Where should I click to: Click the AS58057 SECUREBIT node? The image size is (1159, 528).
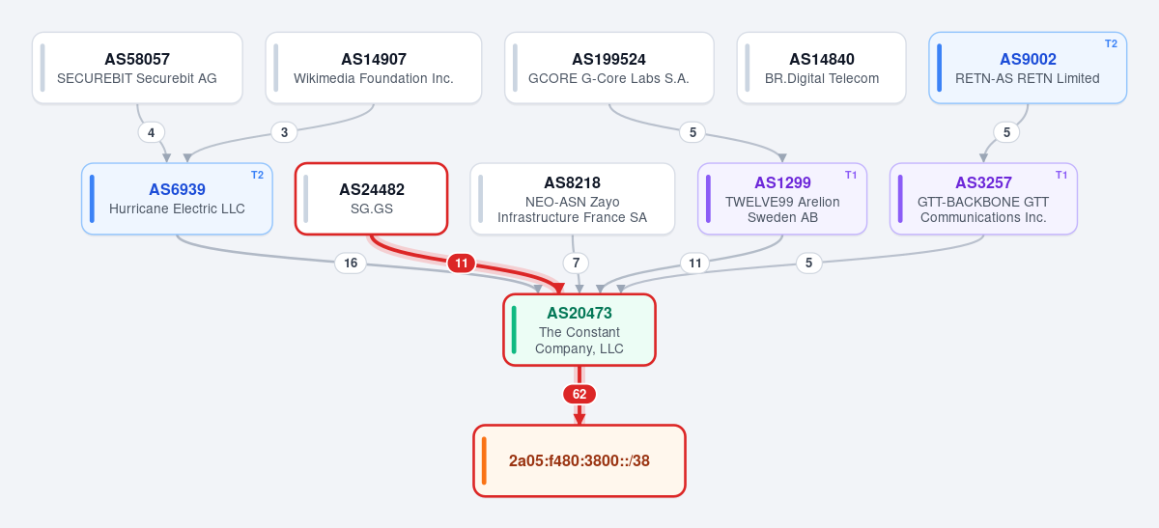tap(137, 68)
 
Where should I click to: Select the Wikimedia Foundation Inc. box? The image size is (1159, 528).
tap(374, 68)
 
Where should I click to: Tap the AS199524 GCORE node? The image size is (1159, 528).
tap(609, 68)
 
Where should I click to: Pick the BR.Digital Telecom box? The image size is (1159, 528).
tap(822, 68)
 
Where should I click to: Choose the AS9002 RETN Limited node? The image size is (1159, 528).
tap(1028, 68)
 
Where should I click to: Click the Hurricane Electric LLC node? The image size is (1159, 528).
tap(177, 199)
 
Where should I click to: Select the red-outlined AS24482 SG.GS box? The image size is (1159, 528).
tap(372, 199)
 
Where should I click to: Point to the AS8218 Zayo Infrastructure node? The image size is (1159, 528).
tap(572, 199)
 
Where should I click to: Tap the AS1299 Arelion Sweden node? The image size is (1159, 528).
tap(782, 199)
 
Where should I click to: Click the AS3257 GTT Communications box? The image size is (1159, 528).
tap(983, 199)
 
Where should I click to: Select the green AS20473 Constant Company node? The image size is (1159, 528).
tap(579, 330)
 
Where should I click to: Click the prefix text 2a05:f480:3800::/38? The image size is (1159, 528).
tap(579, 460)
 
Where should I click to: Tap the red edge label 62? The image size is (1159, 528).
tap(579, 394)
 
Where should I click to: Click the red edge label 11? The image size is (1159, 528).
tap(462, 264)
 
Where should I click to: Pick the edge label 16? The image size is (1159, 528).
tap(351, 264)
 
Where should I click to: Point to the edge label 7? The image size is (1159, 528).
tap(576, 264)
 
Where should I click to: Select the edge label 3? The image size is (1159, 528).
tap(284, 132)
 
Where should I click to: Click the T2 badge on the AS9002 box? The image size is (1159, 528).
tap(1111, 44)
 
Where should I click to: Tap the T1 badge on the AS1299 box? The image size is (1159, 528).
tap(851, 175)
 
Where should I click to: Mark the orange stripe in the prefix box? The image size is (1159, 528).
tap(484, 460)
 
